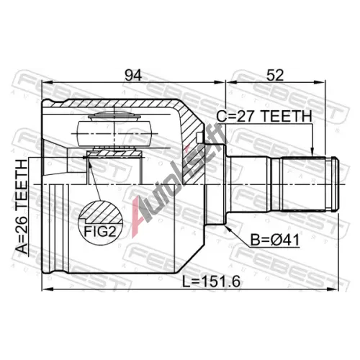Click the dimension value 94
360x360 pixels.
(x=132, y=75)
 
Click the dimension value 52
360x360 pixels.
(x=275, y=75)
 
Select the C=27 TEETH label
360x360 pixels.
(x=264, y=117)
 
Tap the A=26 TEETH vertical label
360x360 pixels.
(x=22, y=207)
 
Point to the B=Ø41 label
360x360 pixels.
(x=275, y=240)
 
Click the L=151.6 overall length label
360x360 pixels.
(x=211, y=282)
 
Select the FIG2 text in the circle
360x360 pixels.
(x=100, y=232)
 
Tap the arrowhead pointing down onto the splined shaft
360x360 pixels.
(x=312, y=152)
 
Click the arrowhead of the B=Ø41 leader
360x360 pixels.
(x=228, y=228)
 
